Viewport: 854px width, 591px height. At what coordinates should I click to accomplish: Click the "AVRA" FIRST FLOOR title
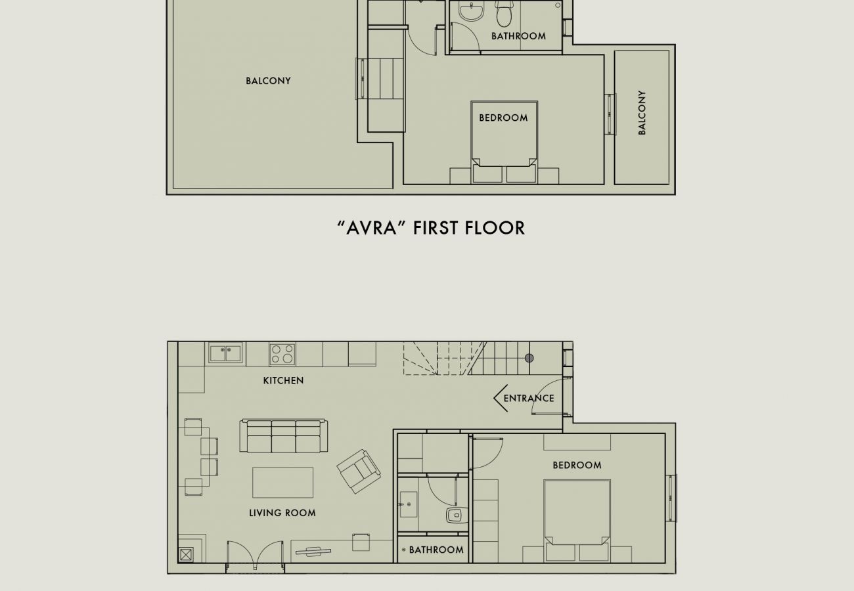(431, 228)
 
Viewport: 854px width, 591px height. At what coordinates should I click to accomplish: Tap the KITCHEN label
(283, 380)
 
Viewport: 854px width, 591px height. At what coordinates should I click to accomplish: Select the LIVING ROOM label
(282, 513)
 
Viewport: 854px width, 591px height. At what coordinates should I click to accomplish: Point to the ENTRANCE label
(529, 398)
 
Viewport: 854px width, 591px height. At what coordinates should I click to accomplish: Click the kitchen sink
(225, 353)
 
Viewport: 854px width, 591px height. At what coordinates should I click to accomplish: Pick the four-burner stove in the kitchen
(282, 355)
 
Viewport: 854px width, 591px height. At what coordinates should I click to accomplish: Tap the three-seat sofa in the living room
(284, 436)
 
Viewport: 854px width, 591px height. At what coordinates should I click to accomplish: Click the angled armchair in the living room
(359, 471)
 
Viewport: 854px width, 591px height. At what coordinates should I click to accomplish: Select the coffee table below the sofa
(282, 483)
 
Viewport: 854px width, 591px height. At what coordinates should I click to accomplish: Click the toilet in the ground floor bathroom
(457, 515)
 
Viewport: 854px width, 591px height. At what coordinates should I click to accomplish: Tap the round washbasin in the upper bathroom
(471, 10)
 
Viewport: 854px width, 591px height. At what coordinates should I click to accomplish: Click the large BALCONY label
(268, 81)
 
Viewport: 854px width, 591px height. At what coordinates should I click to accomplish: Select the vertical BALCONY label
(642, 113)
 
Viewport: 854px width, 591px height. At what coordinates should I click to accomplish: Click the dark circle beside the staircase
(529, 358)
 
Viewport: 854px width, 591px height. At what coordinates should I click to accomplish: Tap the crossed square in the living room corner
(186, 555)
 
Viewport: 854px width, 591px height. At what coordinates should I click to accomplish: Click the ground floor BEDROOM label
(577, 465)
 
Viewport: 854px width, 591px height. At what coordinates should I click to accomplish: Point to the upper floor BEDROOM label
(503, 118)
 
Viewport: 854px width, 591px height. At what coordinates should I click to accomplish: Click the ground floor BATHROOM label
(436, 550)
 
